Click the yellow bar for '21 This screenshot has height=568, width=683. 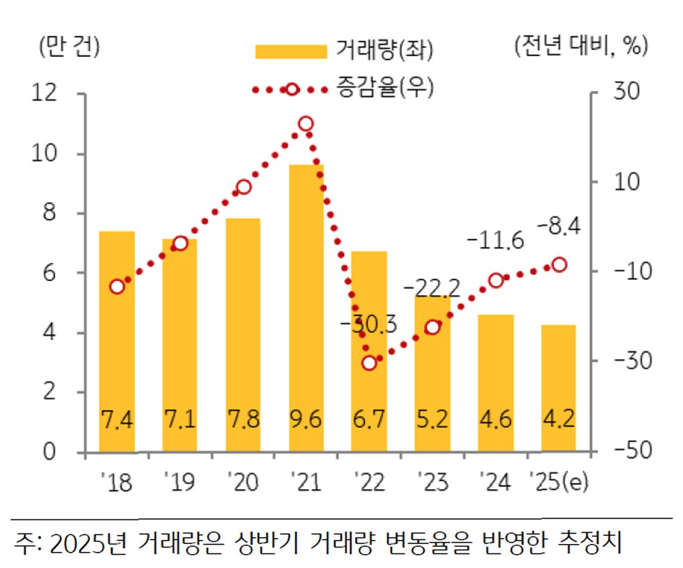click(x=306, y=308)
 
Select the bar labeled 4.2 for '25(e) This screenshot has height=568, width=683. click(x=559, y=388)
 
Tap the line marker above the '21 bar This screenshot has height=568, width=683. click(x=306, y=124)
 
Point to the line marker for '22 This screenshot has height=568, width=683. click(x=370, y=363)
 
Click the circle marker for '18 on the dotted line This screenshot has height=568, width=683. click(x=117, y=287)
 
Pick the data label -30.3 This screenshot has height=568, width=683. click(x=368, y=324)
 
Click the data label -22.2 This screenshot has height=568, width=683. click(x=432, y=288)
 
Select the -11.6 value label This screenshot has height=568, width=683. click(x=496, y=240)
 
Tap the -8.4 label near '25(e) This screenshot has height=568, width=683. click(x=559, y=226)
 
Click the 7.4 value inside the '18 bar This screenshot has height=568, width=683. click(x=117, y=419)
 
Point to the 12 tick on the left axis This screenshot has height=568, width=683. click(x=44, y=92)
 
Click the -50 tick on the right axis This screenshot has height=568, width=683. click(x=633, y=450)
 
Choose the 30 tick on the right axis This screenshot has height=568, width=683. click(x=626, y=91)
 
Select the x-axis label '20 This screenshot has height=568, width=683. click(x=243, y=482)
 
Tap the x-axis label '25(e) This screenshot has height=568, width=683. click(x=559, y=482)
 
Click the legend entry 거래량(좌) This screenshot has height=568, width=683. click(x=344, y=50)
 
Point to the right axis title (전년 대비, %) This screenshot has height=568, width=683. click(x=581, y=45)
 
